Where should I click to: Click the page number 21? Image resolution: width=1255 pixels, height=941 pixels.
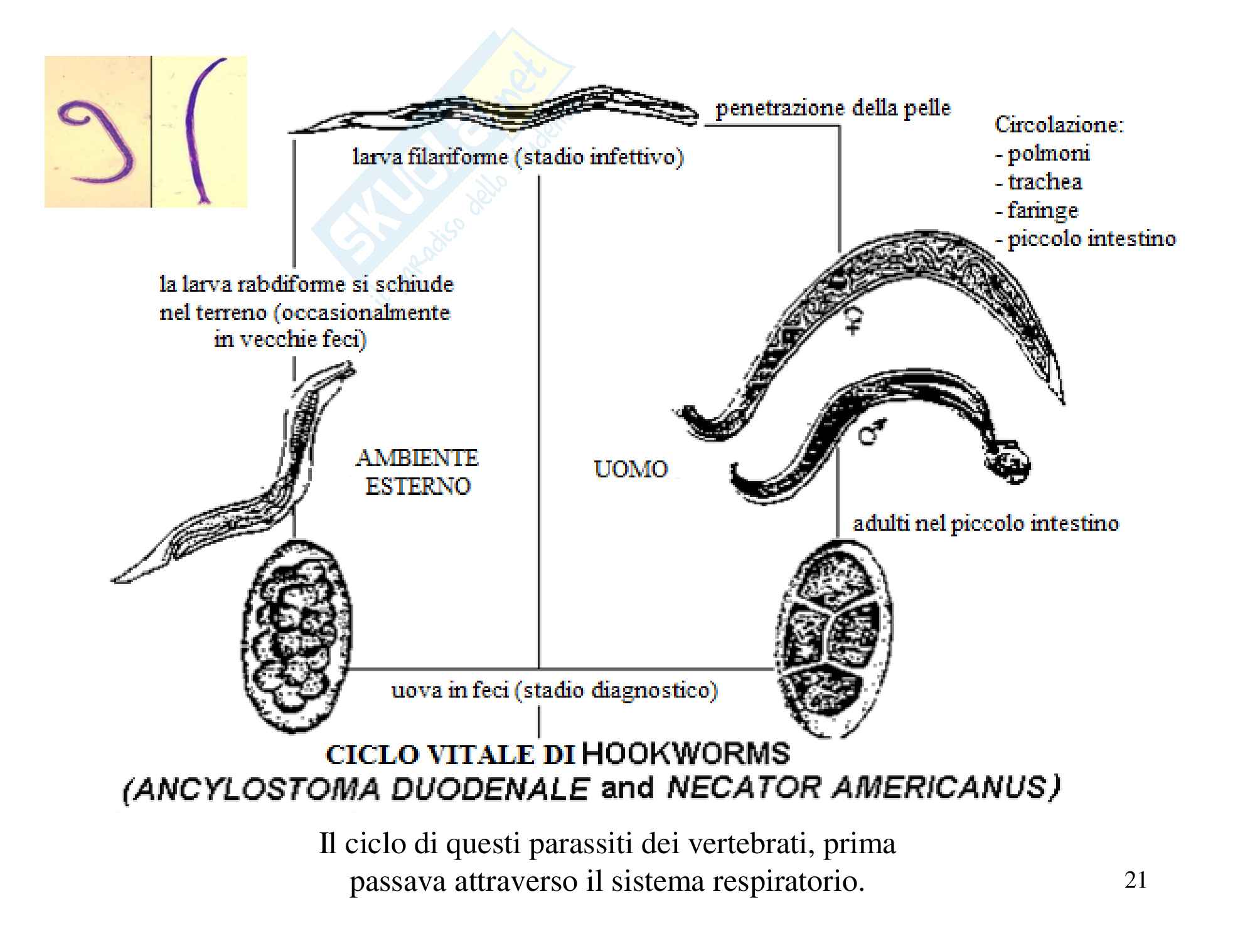pyautogui.click(x=1136, y=880)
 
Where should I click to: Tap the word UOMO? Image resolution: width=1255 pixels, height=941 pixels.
pyautogui.click(x=631, y=469)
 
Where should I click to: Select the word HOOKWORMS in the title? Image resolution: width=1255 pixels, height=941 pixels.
pyautogui.click(x=686, y=754)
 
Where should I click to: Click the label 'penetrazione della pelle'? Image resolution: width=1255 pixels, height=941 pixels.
pyautogui.click(x=833, y=109)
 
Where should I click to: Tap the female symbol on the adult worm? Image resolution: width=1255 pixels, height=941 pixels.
pyautogui.click(x=852, y=320)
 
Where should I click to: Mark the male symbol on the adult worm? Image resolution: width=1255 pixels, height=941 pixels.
pyautogui.click(x=872, y=430)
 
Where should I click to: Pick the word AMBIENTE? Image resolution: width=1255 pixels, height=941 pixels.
pyautogui.click(x=417, y=458)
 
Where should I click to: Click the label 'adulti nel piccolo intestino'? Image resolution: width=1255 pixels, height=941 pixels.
pyautogui.click(x=985, y=524)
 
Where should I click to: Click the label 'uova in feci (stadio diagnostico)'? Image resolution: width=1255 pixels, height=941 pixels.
pyautogui.click(x=554, y=691)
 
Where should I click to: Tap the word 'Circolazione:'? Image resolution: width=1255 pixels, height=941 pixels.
pyautogui.click(x=1059, y=125)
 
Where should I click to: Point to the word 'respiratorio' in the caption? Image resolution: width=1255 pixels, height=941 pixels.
pyautogui.click(x=788, y=881)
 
